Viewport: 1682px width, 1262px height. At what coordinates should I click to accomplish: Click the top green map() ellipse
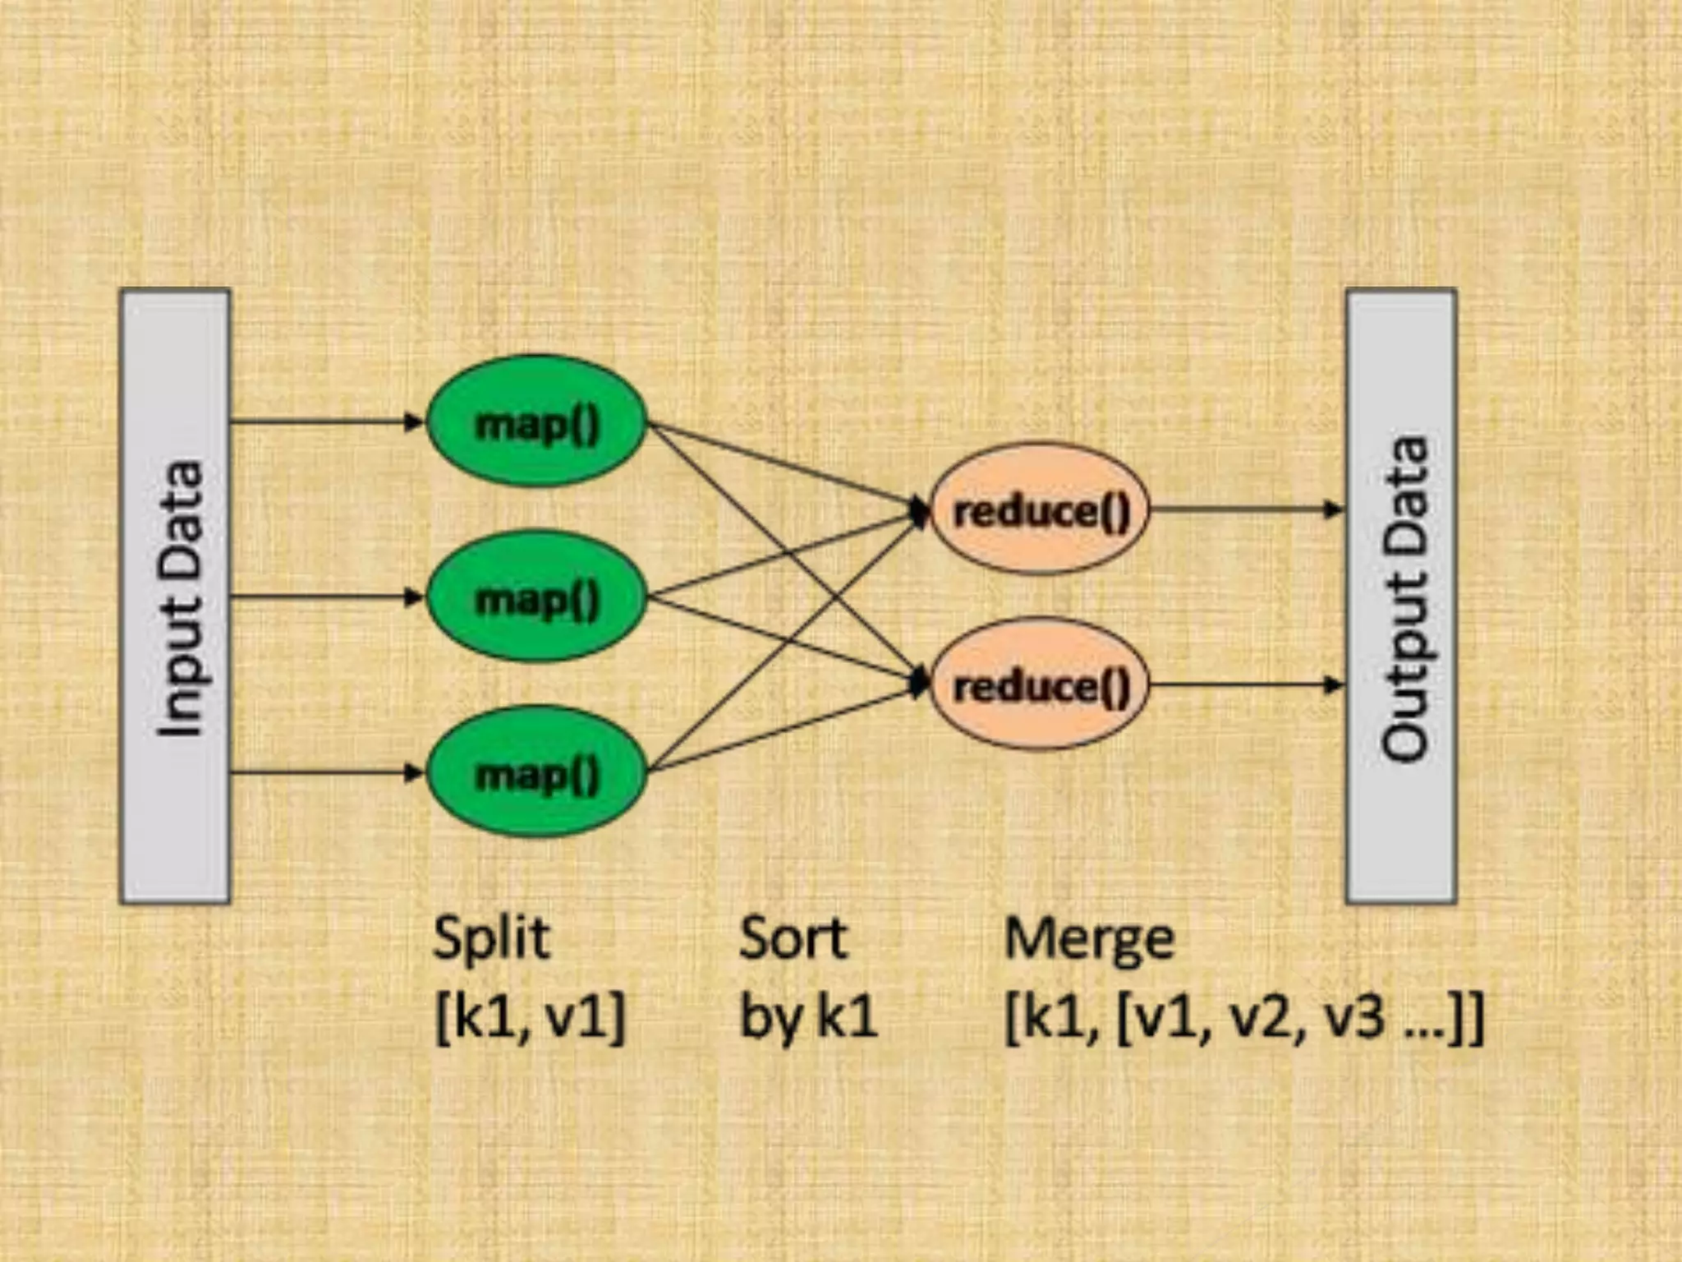[x=537, y=422]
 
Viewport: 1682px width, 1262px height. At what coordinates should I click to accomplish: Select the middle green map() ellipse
[x=537, y=597]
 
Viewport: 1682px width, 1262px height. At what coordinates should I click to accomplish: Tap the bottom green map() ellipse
[x=537, y=772]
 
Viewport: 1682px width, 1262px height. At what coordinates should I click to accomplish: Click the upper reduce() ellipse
[x=1040, y=509]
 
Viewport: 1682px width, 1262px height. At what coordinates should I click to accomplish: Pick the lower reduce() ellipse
[x=1040, y=684]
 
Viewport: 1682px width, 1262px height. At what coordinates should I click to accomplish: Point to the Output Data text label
[x=1404, y=598]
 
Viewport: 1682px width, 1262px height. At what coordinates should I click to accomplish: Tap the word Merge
[x=1089, y=939]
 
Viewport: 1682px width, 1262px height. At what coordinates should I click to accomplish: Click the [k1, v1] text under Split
[x=530, y=1017]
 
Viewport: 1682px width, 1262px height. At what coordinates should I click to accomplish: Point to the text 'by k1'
[x=808, y=1017]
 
